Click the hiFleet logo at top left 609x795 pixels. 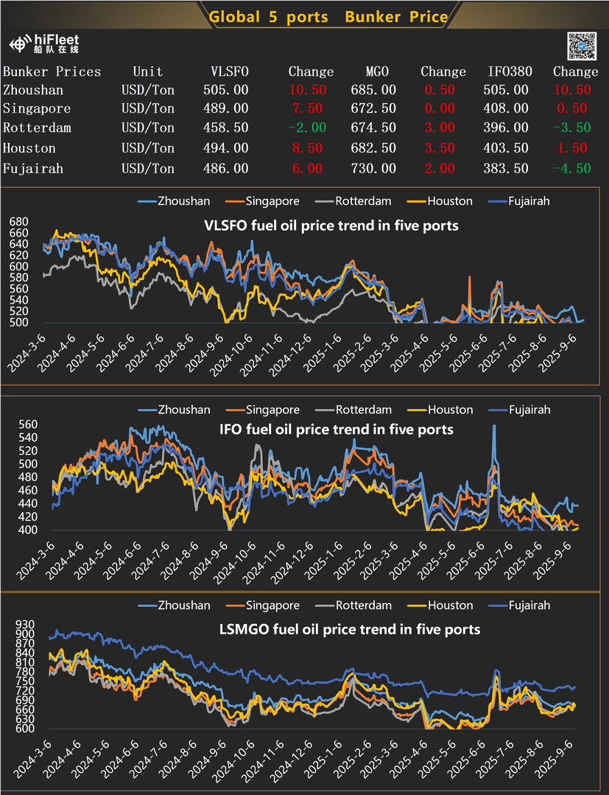(43, 43)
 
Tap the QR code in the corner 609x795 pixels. (582, 46)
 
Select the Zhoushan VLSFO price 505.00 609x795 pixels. (225, 90)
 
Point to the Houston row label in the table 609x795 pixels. (29, 148)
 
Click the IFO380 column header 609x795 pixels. (508, 71)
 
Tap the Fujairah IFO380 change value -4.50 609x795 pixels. (575, 169)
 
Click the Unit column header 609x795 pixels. (147, 71)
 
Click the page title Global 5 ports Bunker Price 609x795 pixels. (328, 17)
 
